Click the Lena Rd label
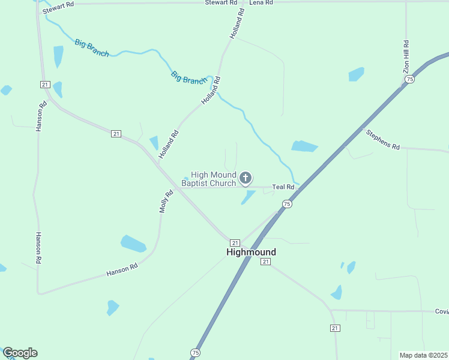tap(261, 3)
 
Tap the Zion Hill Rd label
tap(406, 57)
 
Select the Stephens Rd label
tap(383, 139)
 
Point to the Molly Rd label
tap(166, 202)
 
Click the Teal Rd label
tap(283, 187)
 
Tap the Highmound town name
tap(252, 253)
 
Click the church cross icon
tap(245, 178)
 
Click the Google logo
tap(20, 353)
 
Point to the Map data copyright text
tap(423, 355)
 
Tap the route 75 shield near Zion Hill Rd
tap(409, 79)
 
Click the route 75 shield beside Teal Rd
tap(287, 204)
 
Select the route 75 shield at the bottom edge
tap(195, 352)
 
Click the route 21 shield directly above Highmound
tap(235, 241)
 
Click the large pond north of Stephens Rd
tap(304, 146)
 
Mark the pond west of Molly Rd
tap(133, 244)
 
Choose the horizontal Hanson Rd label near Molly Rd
tap(122, 270)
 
